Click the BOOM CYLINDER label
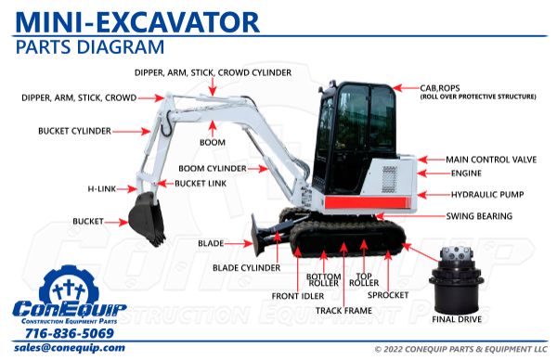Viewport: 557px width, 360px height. tap(213, 168)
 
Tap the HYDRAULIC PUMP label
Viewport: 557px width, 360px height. tap(487, 195)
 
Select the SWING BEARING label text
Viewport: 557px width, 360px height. tap(479, 216)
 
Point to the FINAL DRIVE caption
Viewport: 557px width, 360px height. tap(457, 319)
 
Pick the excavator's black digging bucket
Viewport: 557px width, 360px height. tap(147, 218)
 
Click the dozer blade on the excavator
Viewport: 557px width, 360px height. tap(257, 235)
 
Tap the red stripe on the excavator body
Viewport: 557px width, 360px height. tap(367, 202)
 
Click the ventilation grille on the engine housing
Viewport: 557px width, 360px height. tap(389, 179)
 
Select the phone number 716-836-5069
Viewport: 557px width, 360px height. tap(70, 333)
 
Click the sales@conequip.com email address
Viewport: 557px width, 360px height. tap(70, 348)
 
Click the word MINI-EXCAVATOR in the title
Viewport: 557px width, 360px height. tap(137, 22)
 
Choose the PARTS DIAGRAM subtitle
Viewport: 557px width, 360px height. tap(90, 47)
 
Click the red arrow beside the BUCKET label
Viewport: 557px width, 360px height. tap(116, 223)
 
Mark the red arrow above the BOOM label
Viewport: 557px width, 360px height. tap(213, 129)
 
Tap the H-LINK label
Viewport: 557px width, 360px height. tap(102, 189)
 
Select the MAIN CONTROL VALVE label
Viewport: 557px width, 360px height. tap(491, 160)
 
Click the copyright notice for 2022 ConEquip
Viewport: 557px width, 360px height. tap(461, 350)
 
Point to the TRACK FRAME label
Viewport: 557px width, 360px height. tap(343, 311)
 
